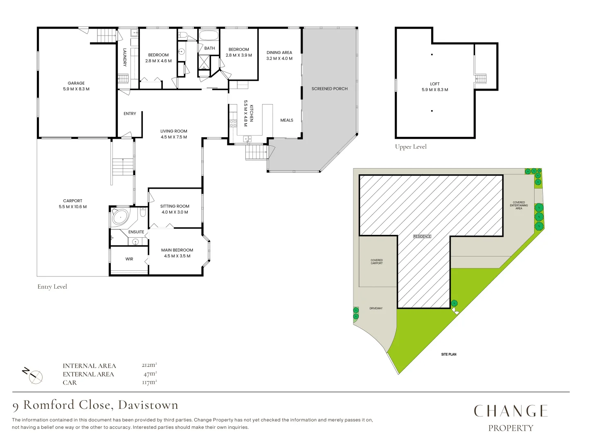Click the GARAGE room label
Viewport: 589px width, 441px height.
(76, 83)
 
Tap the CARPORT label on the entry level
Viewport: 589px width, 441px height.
(72, 200)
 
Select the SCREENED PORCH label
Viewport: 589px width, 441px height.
(329, 89)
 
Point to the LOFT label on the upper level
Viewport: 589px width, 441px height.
(434, 84)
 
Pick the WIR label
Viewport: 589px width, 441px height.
(129, 259)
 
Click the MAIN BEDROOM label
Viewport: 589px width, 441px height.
(177, 250)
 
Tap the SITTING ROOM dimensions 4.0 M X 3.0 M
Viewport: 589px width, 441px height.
(175, 212)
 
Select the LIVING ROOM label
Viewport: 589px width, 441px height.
(173, 131)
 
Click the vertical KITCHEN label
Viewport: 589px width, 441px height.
(252, 113)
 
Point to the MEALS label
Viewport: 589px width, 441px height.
(287, 120)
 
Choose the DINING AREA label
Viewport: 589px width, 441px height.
(279, 52)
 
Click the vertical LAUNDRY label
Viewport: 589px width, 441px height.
(125, 57)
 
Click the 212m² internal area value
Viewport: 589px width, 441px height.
(149, 365)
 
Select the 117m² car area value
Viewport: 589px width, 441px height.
(149, 382)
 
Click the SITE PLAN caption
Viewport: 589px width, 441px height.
(448, 354)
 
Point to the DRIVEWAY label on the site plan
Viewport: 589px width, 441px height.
(375, 308)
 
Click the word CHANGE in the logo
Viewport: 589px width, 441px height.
(510, 411)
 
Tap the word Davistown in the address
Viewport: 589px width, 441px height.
(148, 405)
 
